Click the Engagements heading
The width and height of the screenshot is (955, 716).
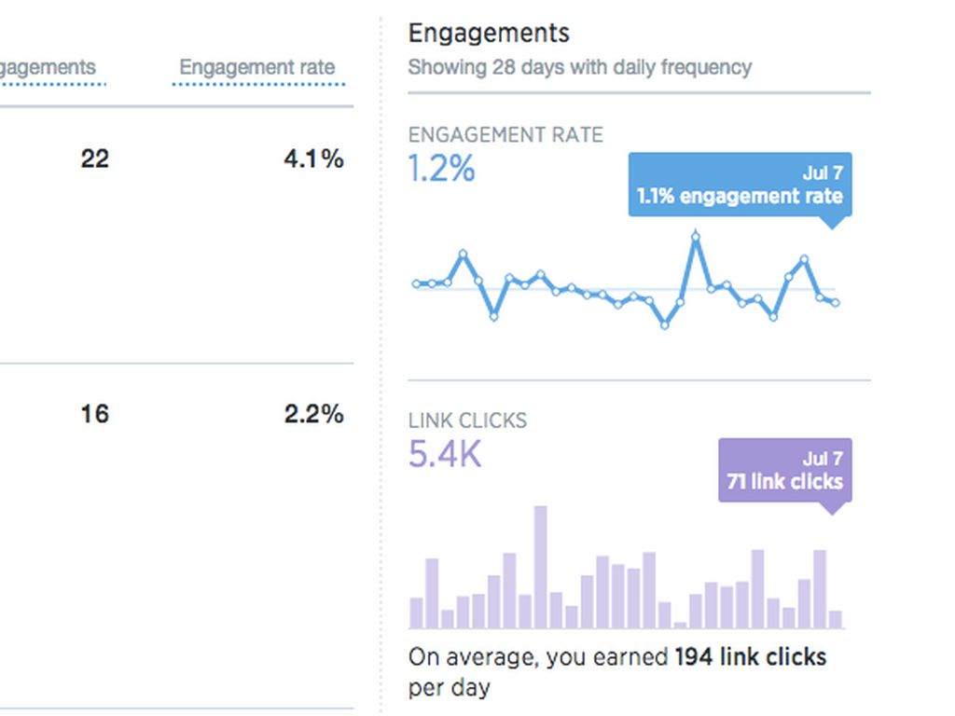(x=489, y=34)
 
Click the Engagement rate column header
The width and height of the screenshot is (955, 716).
(x=256, y=68)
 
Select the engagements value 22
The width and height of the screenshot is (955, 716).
(x=94, y=159)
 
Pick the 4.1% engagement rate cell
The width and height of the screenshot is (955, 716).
(x=313, y=159)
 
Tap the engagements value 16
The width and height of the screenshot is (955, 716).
(x=94, y=414)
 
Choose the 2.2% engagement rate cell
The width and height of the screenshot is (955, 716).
(x=313, y=414)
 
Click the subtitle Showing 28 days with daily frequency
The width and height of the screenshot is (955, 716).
(x=579, y=68)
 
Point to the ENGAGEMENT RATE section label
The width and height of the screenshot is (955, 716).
(x=505, y=135)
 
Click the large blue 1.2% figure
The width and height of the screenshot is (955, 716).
(x=441, y=170)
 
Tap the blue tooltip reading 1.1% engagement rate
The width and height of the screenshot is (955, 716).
(x=740, y=186)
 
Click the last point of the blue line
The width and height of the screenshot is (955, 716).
(x=836, y=303)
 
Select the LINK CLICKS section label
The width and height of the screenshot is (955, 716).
(x=467, y=420)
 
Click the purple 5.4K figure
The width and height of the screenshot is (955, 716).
(x=445, y=455)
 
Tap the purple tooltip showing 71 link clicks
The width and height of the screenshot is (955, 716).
(x=784, y=471)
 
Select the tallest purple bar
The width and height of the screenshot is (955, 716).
(x=540, y=567)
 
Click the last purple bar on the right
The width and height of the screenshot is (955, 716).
(x=836, y=619)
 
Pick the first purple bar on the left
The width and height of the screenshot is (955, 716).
(x=416, y=613)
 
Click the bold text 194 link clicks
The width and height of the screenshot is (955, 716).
(x=750, y=657)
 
